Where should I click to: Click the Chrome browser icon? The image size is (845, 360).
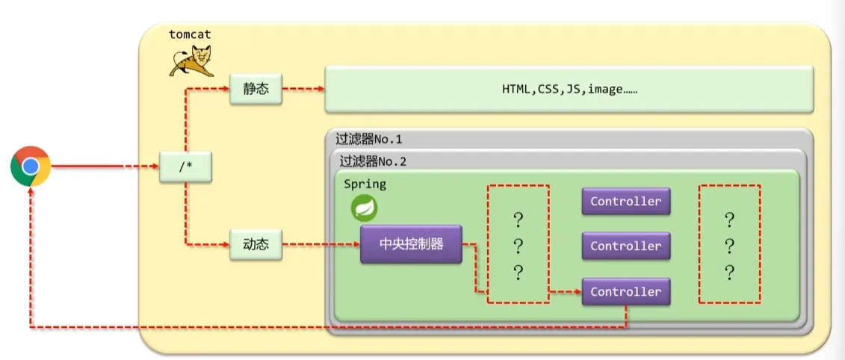tap(31, 166)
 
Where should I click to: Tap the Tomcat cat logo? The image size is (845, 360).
tap(190, 60)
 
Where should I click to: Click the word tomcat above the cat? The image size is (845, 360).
tap(190, 34)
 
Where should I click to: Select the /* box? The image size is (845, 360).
tap(185, 166)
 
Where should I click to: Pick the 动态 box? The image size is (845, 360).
tap(256, 244)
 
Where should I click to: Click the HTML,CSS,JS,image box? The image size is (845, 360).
tap(569, 90)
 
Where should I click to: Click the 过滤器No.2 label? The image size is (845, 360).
tap(373, 161)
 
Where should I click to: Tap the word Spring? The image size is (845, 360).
tap(365, 184)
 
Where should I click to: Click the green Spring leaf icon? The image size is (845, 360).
tap(365, 208)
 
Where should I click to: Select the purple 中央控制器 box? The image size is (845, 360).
tap(411, 244)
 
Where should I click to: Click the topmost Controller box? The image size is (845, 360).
tap(625, 201)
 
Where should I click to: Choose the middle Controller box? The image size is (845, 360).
tap(625, 246)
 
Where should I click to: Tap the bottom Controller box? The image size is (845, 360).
tap(625, 291)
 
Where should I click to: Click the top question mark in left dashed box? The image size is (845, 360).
tap(518, 220)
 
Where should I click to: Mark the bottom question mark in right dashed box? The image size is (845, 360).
tap(729, 273)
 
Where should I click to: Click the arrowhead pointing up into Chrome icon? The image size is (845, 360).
tap(31, 190)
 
